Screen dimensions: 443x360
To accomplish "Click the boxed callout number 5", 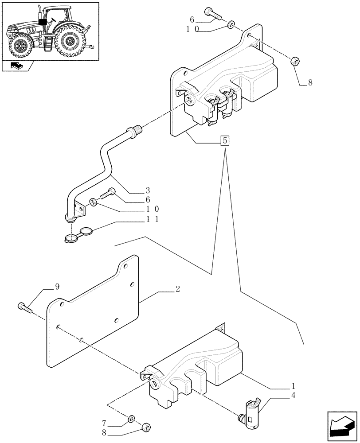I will (x=225, y=141).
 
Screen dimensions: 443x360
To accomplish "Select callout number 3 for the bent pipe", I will (x=148, y=191).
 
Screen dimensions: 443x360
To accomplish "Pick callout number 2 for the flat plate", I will (x=177, y=289).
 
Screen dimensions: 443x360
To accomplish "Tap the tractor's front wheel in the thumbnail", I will (x=20, y=46).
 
